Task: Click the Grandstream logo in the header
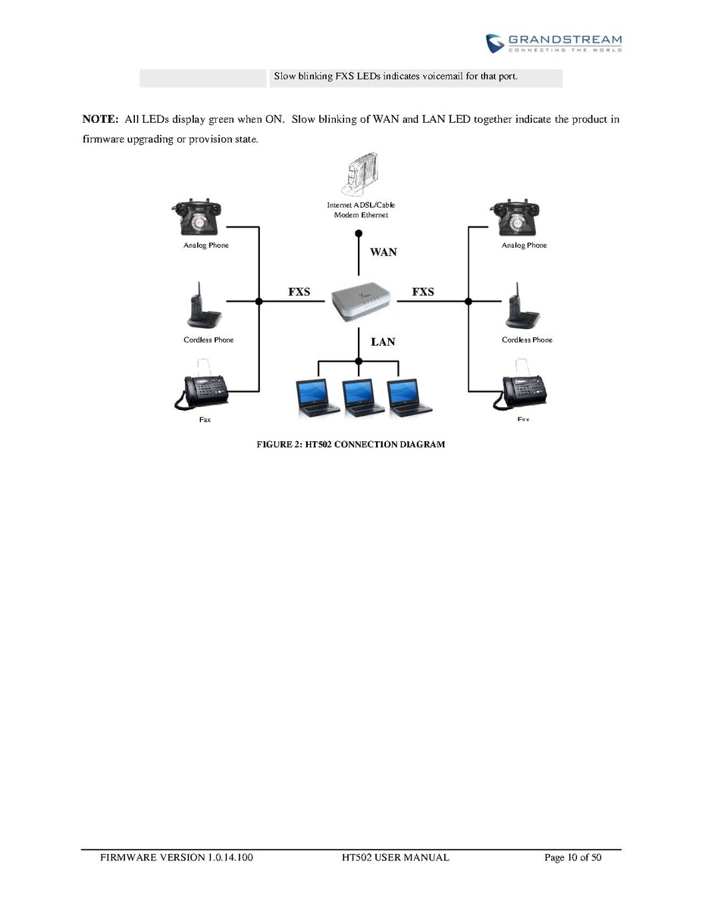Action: (553, 42)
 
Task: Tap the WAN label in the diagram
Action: (383, 252)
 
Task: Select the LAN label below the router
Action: (383, 342)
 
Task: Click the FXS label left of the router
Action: (299, 292)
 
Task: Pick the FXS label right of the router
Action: (423, 292)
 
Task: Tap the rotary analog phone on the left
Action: (199, 218)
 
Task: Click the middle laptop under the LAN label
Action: (360, 399)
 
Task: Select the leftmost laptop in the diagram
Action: (317, 399)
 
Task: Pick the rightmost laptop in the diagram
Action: (405, 399)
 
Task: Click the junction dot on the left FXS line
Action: (259, 302)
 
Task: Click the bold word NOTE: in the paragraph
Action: (99, 120)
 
